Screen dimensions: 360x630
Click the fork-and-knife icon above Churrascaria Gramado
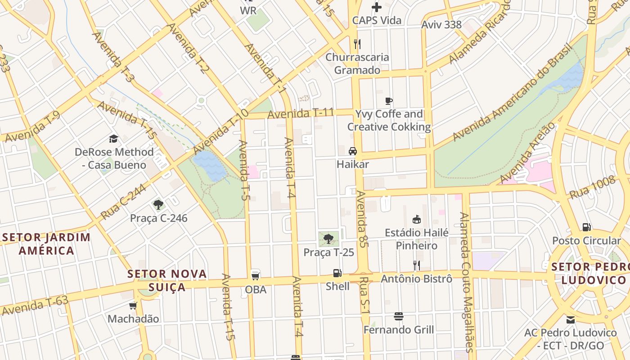tap(357, 44)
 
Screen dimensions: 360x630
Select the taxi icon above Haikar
tap(353, 151)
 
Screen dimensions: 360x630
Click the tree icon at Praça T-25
tap(328, 238)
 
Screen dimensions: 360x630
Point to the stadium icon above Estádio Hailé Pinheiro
tap(417, 219)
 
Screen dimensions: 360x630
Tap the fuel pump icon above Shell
tap(337, 273)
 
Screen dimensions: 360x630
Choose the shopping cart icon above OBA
tap(255, 275)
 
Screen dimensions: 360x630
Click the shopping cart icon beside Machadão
tap(133, 306)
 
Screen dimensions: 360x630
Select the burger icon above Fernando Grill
tap(398, 316)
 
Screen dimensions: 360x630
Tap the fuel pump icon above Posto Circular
tap(586, 227)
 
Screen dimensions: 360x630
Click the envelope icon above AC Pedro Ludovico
tap(571, 320)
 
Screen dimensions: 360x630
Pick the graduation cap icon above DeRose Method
tap(113, 139)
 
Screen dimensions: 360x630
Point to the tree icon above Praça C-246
tap(158, 205)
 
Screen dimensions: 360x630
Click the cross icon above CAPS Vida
tap(377, 7)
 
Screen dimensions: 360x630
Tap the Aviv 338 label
tap(441, 25)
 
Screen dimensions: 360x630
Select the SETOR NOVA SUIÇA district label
tap(167, 280)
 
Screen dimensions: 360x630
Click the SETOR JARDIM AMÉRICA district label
tap(46, 243)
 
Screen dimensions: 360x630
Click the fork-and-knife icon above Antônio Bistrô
tap(417, 265)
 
